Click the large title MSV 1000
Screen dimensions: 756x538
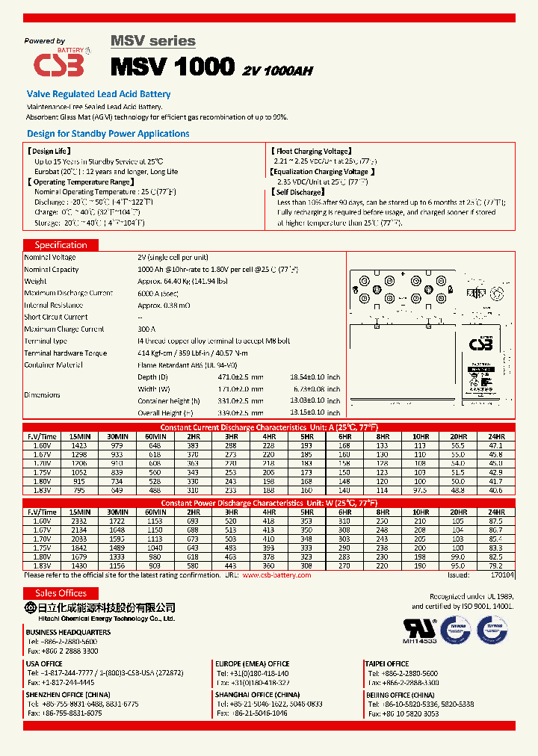[x=173, y=66]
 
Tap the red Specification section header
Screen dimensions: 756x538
[x=61, y=245]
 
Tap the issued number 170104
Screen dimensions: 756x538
[x=502, y=575]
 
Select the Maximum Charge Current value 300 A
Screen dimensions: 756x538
[x=146, y=329]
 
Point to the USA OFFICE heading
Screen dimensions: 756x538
[x=44, y=663]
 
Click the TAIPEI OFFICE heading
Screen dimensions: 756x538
[x=386, y=663]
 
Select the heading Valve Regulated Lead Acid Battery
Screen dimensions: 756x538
[x=99, y=94]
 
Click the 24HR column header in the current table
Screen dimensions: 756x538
[x=497, y=436]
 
